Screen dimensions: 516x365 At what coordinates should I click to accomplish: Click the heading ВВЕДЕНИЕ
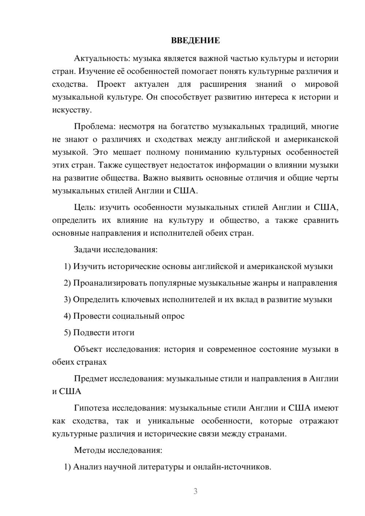(195, 41)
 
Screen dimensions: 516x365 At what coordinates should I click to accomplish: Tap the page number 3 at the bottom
(195, 491)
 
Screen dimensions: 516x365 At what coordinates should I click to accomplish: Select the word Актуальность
(102, 58)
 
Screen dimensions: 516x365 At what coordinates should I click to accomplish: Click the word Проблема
(95, 127)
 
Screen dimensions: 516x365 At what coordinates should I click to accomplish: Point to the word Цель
(85, 207)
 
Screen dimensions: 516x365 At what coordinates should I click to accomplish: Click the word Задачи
(88, 250)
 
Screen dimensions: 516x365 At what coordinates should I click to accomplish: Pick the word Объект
(88, 349)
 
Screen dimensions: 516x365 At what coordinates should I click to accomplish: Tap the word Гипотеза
(92, 408)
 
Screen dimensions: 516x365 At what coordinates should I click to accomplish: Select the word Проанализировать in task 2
(107, 283)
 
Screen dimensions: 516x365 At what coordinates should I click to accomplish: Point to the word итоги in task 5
(124, 332)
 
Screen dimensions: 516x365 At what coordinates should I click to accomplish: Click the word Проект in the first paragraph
(111, 84)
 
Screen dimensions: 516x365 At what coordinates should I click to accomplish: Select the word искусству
(72, 110)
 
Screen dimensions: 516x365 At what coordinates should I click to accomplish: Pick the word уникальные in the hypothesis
(171, 421)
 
